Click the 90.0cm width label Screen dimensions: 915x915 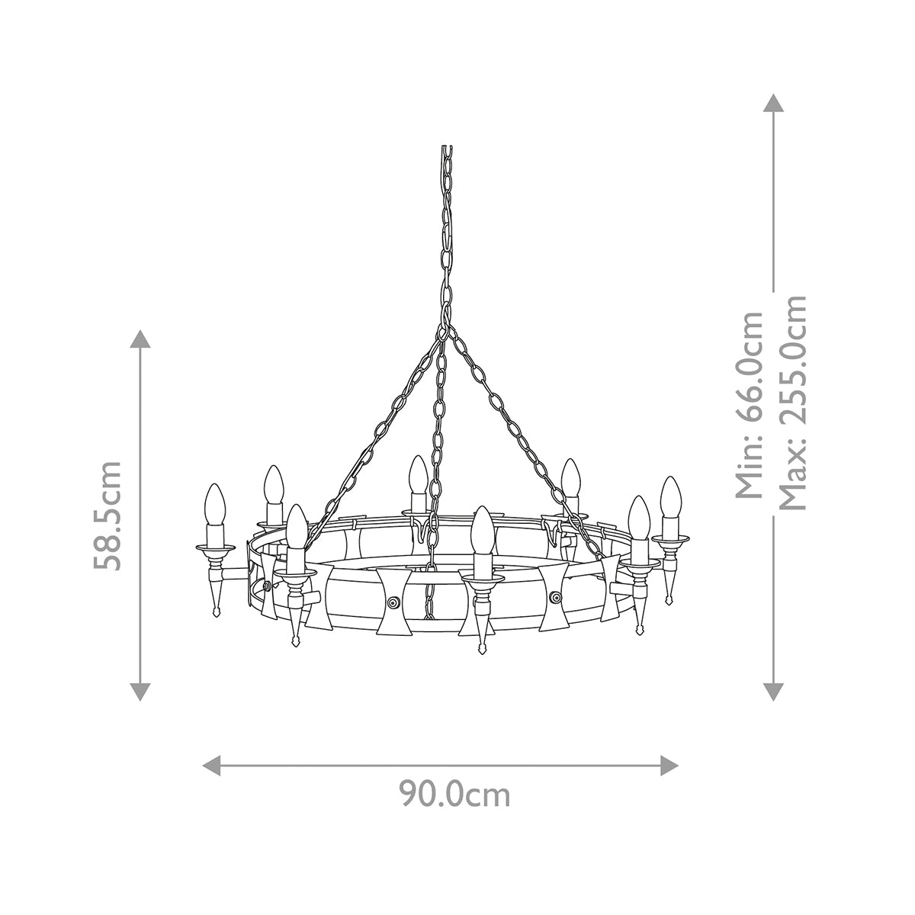(454, 795)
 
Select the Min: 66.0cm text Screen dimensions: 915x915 (750, 404)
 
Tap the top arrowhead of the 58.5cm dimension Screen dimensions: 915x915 (140, 339)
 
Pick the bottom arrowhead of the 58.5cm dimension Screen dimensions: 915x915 (140, 691)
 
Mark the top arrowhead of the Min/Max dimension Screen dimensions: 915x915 (774, 104)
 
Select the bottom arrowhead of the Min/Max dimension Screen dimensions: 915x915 (774, 691)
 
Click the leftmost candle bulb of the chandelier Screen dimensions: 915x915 (214, 505)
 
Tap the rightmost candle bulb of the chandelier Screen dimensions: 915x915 (670, 496)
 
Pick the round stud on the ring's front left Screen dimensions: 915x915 (393, 602)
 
